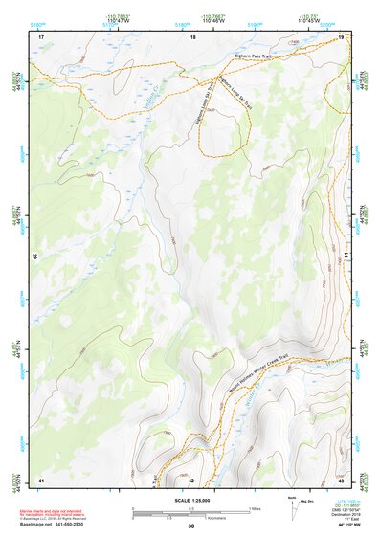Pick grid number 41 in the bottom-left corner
click(x=40, y=479)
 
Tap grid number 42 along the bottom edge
click(x=191, y=479)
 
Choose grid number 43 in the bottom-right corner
click(x=340, y=479)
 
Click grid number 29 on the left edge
click(x=36, y=257)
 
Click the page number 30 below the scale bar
click(x=191, y=526)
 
